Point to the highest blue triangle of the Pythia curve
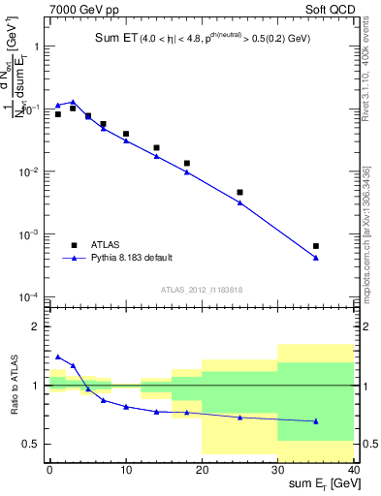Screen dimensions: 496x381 73,102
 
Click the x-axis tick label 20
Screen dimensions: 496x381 202,469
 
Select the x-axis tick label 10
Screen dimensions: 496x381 125,469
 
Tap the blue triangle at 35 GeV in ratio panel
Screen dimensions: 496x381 316,420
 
